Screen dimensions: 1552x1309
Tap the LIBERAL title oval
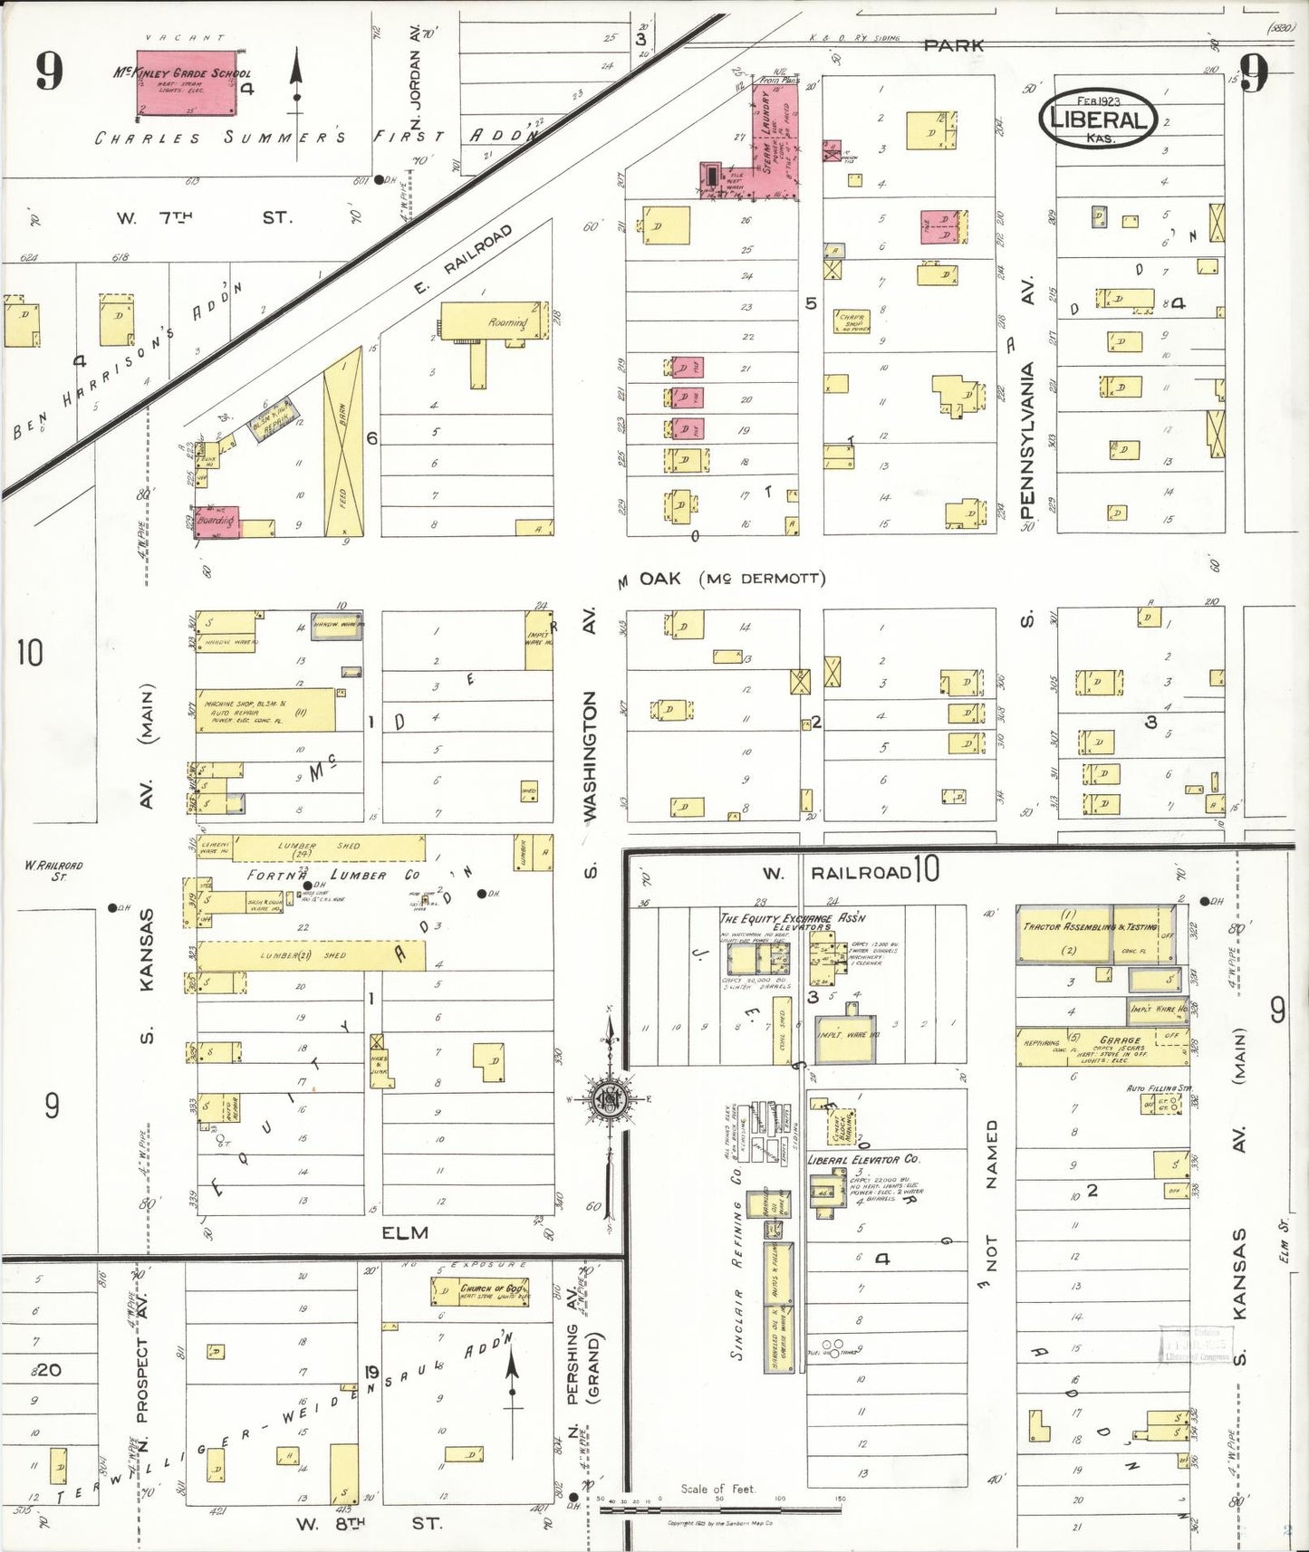1097,119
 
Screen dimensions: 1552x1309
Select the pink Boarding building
217,522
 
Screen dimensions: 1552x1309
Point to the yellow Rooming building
495,321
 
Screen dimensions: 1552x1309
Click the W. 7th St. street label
204,218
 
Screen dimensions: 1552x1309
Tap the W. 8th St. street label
368,1523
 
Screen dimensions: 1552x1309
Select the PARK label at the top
953,44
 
